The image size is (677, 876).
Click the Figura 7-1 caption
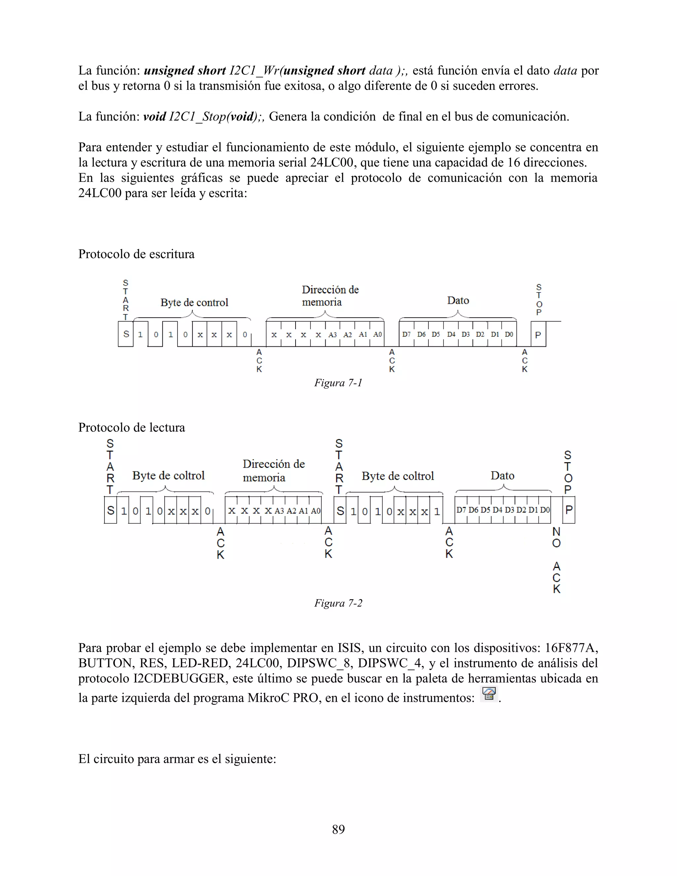338,383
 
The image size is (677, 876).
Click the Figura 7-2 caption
338,603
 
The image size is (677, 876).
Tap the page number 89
338,829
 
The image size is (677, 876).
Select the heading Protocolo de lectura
132,427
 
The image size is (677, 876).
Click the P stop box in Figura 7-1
538,335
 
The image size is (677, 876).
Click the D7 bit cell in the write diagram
406,335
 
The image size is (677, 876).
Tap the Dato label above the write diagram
458,301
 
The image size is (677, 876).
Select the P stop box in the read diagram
569,510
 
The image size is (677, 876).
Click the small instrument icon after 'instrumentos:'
489,694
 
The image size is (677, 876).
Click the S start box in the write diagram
126,334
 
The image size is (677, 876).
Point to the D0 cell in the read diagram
545,510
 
